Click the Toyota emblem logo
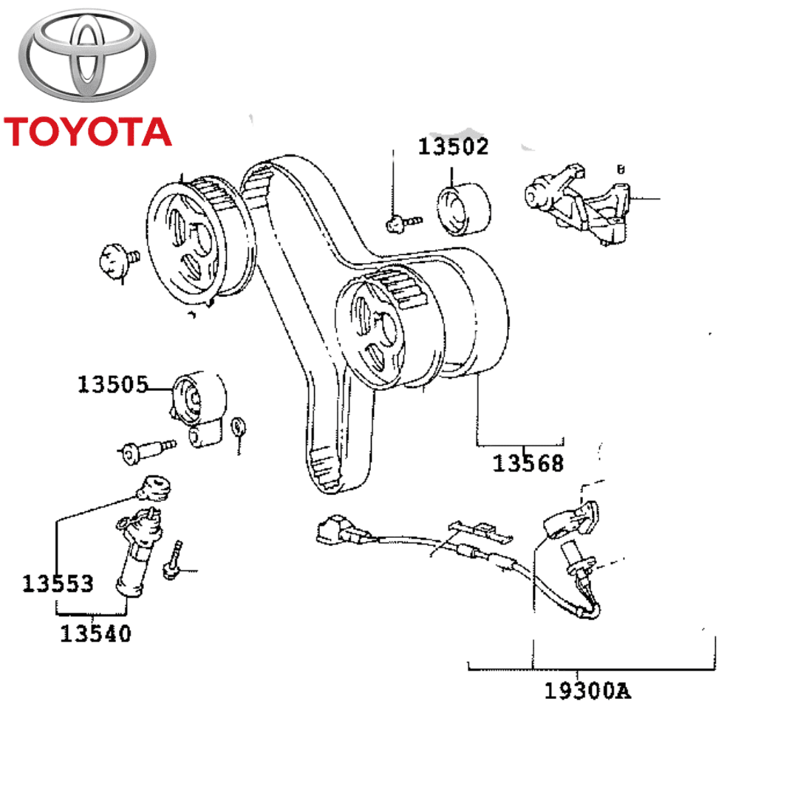point(88,58)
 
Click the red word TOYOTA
point(87,131)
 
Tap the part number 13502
point(454,146)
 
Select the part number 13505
point(113,384)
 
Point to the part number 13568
point(528,463)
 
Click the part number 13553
point(58,583)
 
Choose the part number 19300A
point(588,691)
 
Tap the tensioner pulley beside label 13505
point(197,399)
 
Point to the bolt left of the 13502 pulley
point(403,221)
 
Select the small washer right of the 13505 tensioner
point(238,427)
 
